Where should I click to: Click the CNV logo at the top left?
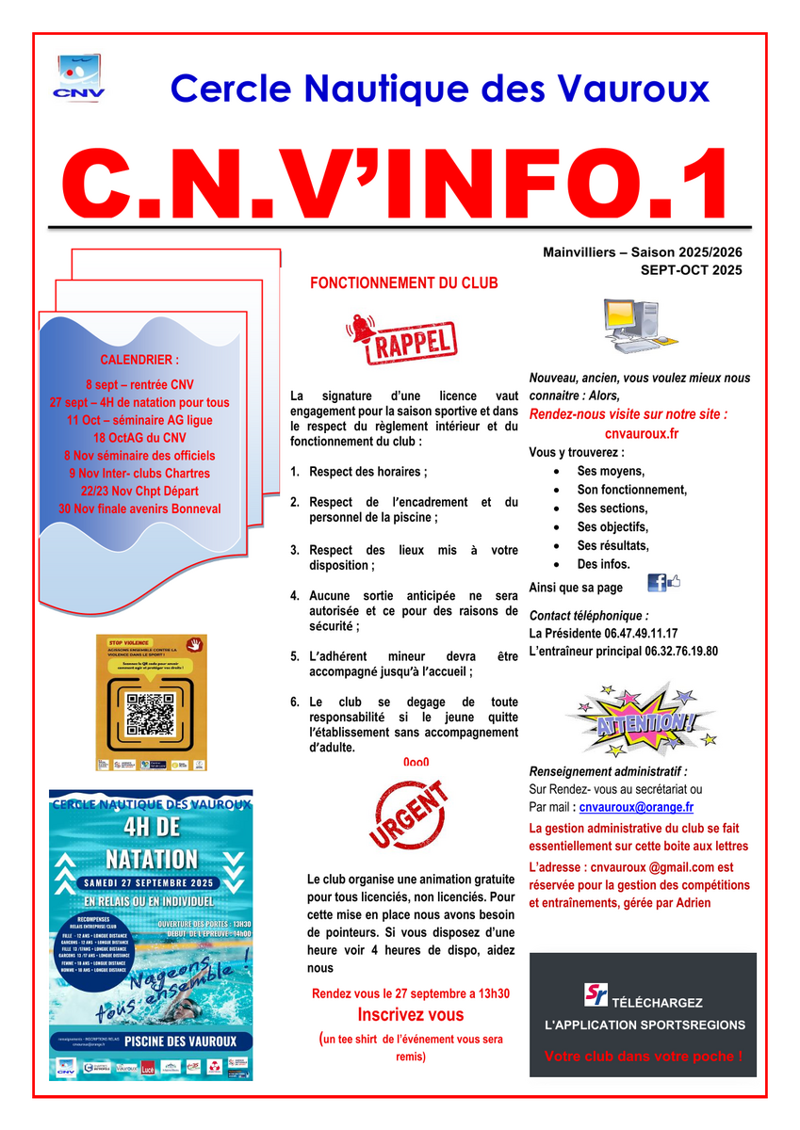coord(79,78)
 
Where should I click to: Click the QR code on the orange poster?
coord(152,714)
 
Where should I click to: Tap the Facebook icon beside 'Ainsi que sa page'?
coord(658,583)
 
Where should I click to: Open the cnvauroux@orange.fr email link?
coord(636,807)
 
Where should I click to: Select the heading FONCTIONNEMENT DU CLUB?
coord(404,282)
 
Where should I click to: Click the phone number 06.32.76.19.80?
coord(681,651)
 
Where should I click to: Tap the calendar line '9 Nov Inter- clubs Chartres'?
coord(139,473)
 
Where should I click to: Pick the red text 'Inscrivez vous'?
coord(410,1015)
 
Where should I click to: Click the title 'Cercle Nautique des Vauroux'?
coord(439,89)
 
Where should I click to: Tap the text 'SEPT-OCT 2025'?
coord(691,269)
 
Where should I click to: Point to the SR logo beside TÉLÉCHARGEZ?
coord(595,995)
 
